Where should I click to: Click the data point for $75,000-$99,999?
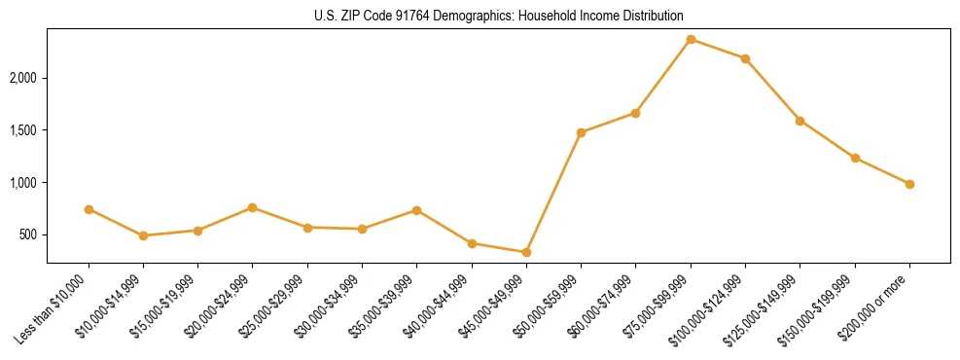coord(691,39)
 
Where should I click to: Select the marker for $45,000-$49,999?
coord(526,252)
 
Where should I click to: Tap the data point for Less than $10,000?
coord(89,209)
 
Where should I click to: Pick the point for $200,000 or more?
coord(909,184)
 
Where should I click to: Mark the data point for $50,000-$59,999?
coord(581,132)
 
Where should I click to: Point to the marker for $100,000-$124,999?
coord(745,58)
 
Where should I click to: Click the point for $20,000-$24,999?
coord(253,207)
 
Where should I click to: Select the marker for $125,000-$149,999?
coord(800,121)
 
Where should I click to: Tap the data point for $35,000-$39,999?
coord(416,210)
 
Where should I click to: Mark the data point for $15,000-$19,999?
coord(197,231)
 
